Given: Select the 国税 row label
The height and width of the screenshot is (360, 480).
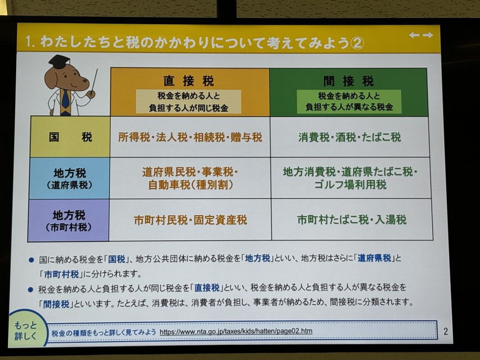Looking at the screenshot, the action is pyautogui.click(x=70, y=137).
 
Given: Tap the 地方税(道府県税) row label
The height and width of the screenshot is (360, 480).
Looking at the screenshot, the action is pyautogui.click(x=70, y=178).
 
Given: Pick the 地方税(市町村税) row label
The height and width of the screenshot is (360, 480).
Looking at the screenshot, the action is pyautogui.click(x=68, y=220).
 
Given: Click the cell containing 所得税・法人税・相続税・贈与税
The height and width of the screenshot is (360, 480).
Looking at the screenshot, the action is pyautogui.click(x=190, y=137).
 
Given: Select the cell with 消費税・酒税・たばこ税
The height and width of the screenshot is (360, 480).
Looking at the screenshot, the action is pyautogui.click(x=350, y=137).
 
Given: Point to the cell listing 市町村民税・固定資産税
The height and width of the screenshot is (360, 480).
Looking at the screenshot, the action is pyautogui.click(x=190, y=220).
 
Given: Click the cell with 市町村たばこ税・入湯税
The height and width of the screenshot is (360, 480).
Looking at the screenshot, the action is pyautogui.click(x=352, y=220).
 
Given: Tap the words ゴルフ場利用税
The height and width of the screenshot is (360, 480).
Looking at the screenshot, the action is pyautogui.click(x=350, y=184).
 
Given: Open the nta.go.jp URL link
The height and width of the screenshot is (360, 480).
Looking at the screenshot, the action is pyautogui.click(x=236, y=331).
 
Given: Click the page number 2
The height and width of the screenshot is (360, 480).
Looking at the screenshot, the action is pyautogui.click(x=445, y=331).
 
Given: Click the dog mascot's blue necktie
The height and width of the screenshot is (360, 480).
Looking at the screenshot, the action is pyautogui.click(x=65, y=99).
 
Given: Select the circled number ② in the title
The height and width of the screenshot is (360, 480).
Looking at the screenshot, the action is pyautogui.click(x=357, y=43).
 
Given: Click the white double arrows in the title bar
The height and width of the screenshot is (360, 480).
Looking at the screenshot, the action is pyautogui.click(x=421, y=35).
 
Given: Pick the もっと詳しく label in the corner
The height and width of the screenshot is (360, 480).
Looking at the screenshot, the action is pyautogui.click(x=25, y=331).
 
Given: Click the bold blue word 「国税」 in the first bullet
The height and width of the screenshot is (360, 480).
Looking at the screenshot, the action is pyautogui.click(x=117, y=259).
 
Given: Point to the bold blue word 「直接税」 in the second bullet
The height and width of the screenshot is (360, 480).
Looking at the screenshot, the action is pyautogui.click(x=207, y=288).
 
